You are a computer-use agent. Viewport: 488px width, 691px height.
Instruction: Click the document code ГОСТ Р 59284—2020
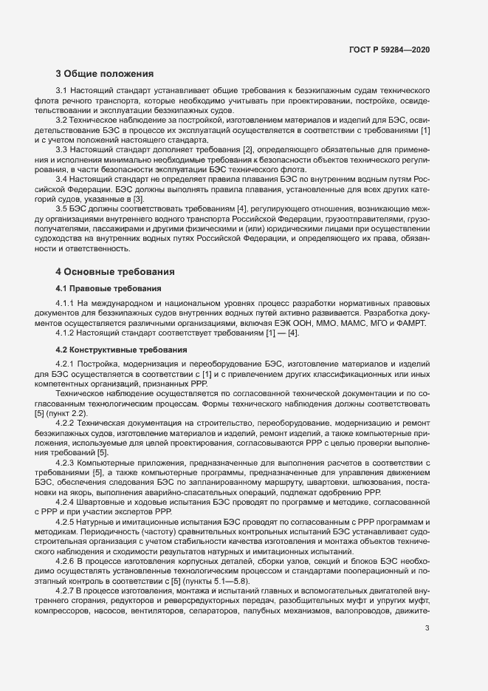coord(389,50)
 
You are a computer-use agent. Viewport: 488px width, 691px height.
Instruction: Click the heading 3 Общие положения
coord(104,73)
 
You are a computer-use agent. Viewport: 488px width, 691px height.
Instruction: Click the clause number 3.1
coord(61,90)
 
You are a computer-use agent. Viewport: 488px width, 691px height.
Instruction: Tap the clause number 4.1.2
coord(65,334)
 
